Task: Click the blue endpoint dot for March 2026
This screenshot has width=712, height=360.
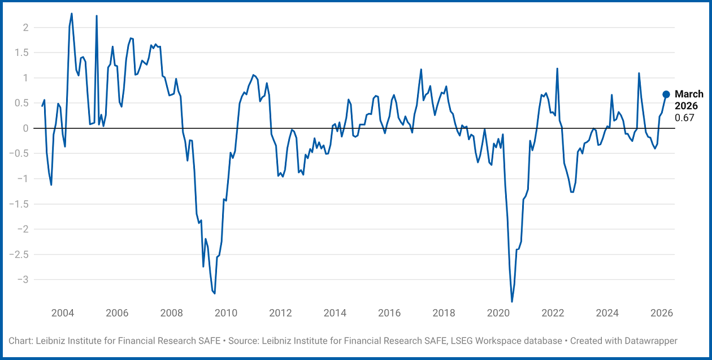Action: [666, 94]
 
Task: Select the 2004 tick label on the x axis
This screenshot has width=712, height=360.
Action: [63, 314]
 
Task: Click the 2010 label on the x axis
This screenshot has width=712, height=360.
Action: [226, 314]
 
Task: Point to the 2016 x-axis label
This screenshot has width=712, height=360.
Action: [389, 314]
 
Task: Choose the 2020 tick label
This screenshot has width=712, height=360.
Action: [498, 314]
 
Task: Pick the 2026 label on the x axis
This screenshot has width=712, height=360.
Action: [662, 314]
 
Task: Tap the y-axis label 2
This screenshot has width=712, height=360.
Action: [25, 28]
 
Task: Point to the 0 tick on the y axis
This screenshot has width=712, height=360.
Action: [25, 128]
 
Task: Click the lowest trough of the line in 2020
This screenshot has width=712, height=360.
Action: [512, 301]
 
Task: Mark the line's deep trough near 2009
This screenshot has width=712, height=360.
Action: [214, 293]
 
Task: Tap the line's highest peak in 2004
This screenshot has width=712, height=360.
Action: [72, 14]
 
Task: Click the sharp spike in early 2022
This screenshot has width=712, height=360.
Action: [557, 69]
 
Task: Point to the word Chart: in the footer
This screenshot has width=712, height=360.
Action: [21, 341]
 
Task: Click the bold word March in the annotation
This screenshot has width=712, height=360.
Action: [689, 94]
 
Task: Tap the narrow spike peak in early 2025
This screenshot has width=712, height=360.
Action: [639, 73]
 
